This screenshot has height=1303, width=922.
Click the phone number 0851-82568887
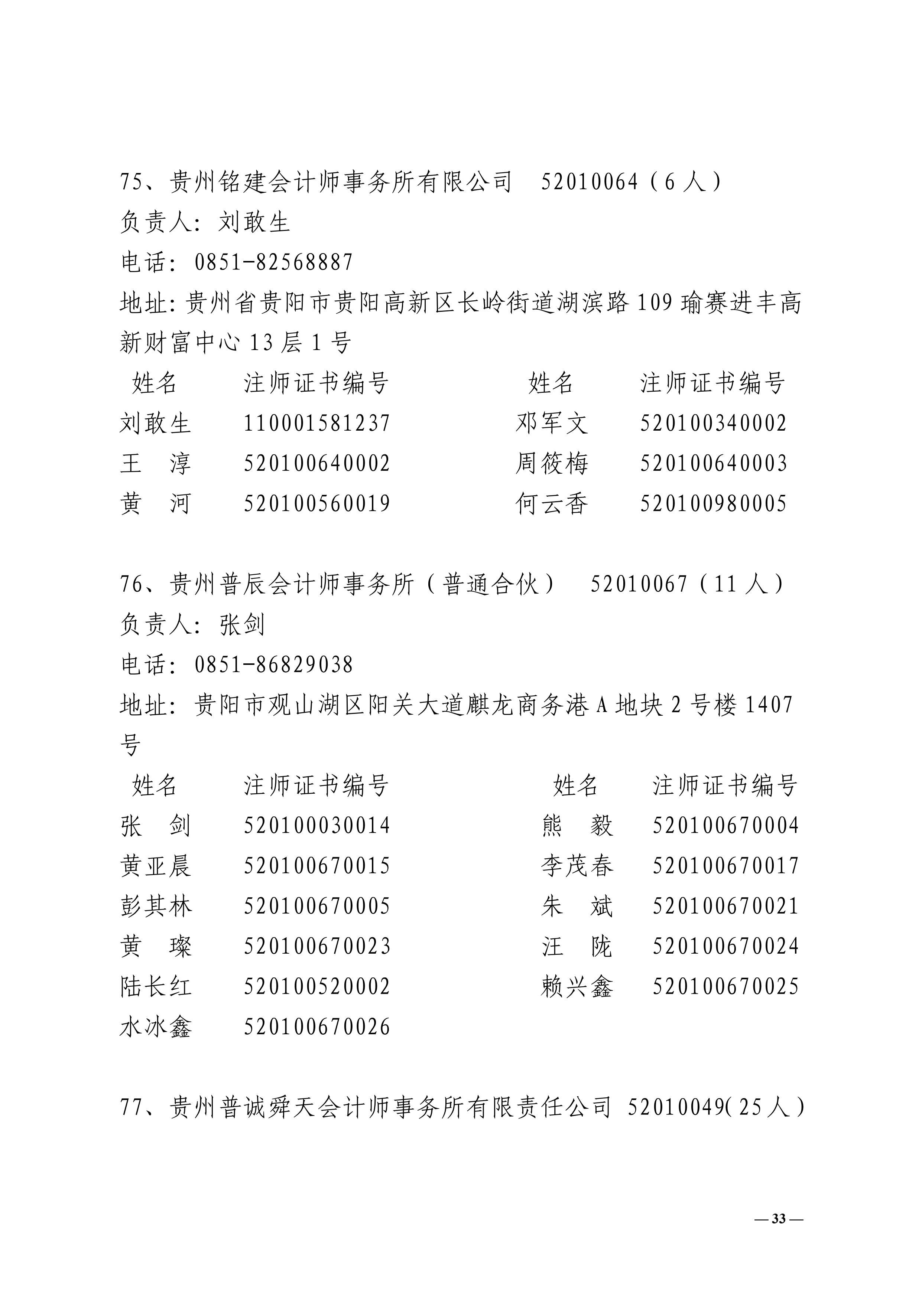274,262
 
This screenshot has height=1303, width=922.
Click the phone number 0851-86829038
274,664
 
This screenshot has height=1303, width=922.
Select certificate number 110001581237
317,423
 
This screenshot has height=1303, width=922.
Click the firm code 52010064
589,182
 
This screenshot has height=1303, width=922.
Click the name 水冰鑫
156,1027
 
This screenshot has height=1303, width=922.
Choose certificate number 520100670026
317,1027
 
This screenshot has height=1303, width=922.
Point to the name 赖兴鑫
577,987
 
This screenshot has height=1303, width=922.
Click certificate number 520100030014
317,826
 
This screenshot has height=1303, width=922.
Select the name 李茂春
577,866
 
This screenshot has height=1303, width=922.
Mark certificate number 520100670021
725,906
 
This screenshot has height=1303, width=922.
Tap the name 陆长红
156,987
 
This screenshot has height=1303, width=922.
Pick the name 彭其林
156,906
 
